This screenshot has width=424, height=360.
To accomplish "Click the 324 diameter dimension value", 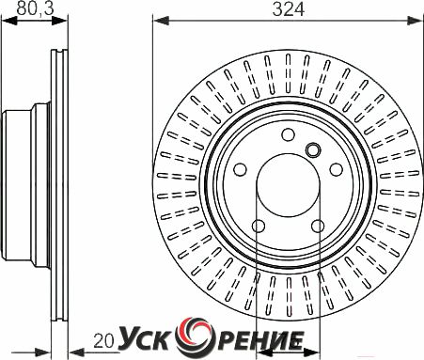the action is (x=289, y=9).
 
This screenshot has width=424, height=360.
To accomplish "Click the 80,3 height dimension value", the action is (x=36, y=8).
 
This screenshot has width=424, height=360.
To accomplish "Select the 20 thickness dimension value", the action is (x=103, y=341).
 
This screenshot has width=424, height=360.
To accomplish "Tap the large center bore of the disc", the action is (x=288, y=185).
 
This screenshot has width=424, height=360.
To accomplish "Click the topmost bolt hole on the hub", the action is (x=288, y=134).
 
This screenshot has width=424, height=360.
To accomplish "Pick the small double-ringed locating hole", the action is (x=313, y=149).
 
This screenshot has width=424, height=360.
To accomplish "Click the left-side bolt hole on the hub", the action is (x=240, y=169).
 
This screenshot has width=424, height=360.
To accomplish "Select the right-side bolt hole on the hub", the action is (x=337, y=169).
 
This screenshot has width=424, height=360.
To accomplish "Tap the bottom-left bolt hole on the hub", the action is (x=259, y=226).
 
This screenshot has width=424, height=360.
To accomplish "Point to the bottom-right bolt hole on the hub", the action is (x=318, y=226).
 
